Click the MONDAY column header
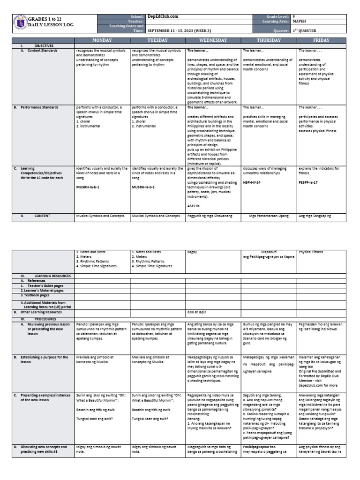pyautogui.click(x=102, y=41)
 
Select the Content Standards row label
pyautogui.click(x=39, y=50)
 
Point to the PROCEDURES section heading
pyautogui.click(x=44, y=318)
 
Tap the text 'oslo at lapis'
pyautogui.click(x=197, y=312)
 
